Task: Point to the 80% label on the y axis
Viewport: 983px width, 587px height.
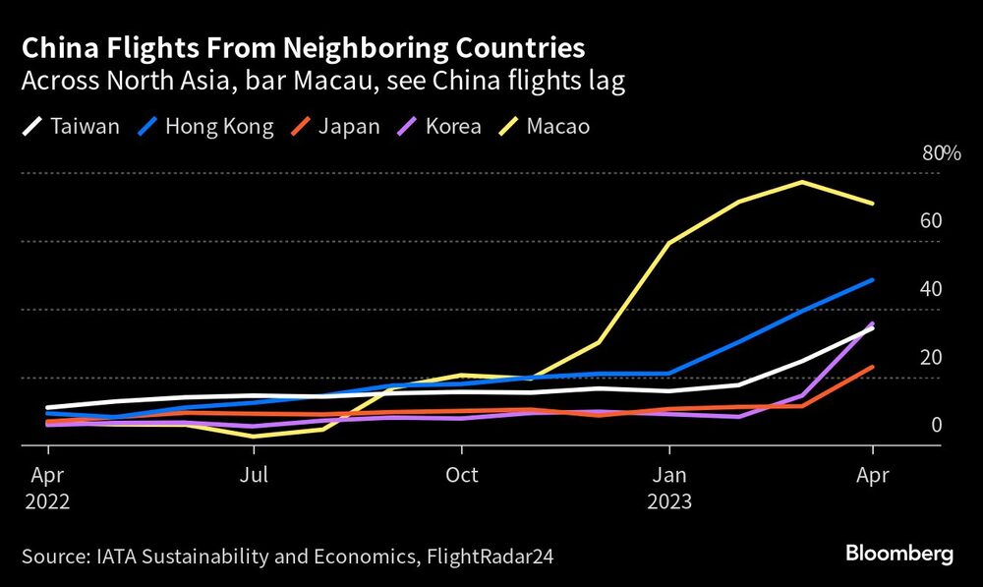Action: coord(940,152)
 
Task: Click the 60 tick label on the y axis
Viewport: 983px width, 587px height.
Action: coord(931,220)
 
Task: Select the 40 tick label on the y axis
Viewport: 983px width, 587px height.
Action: coord(931,289)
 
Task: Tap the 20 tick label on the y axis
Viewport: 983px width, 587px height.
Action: coord(931,357)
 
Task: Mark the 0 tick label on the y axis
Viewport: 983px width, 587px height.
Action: coord(937,425)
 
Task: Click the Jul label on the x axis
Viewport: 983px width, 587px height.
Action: coord(254,476)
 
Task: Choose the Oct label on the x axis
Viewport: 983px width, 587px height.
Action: coord(461,476)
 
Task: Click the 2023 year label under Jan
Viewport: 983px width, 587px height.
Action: coord(669,500)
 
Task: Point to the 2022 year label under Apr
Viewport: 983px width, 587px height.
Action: coord(47,500)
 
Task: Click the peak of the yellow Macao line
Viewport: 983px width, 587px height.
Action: coord(802,182)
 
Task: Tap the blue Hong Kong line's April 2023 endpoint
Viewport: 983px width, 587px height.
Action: coord(872,280)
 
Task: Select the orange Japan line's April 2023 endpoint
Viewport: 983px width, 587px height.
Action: coord(872,368)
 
